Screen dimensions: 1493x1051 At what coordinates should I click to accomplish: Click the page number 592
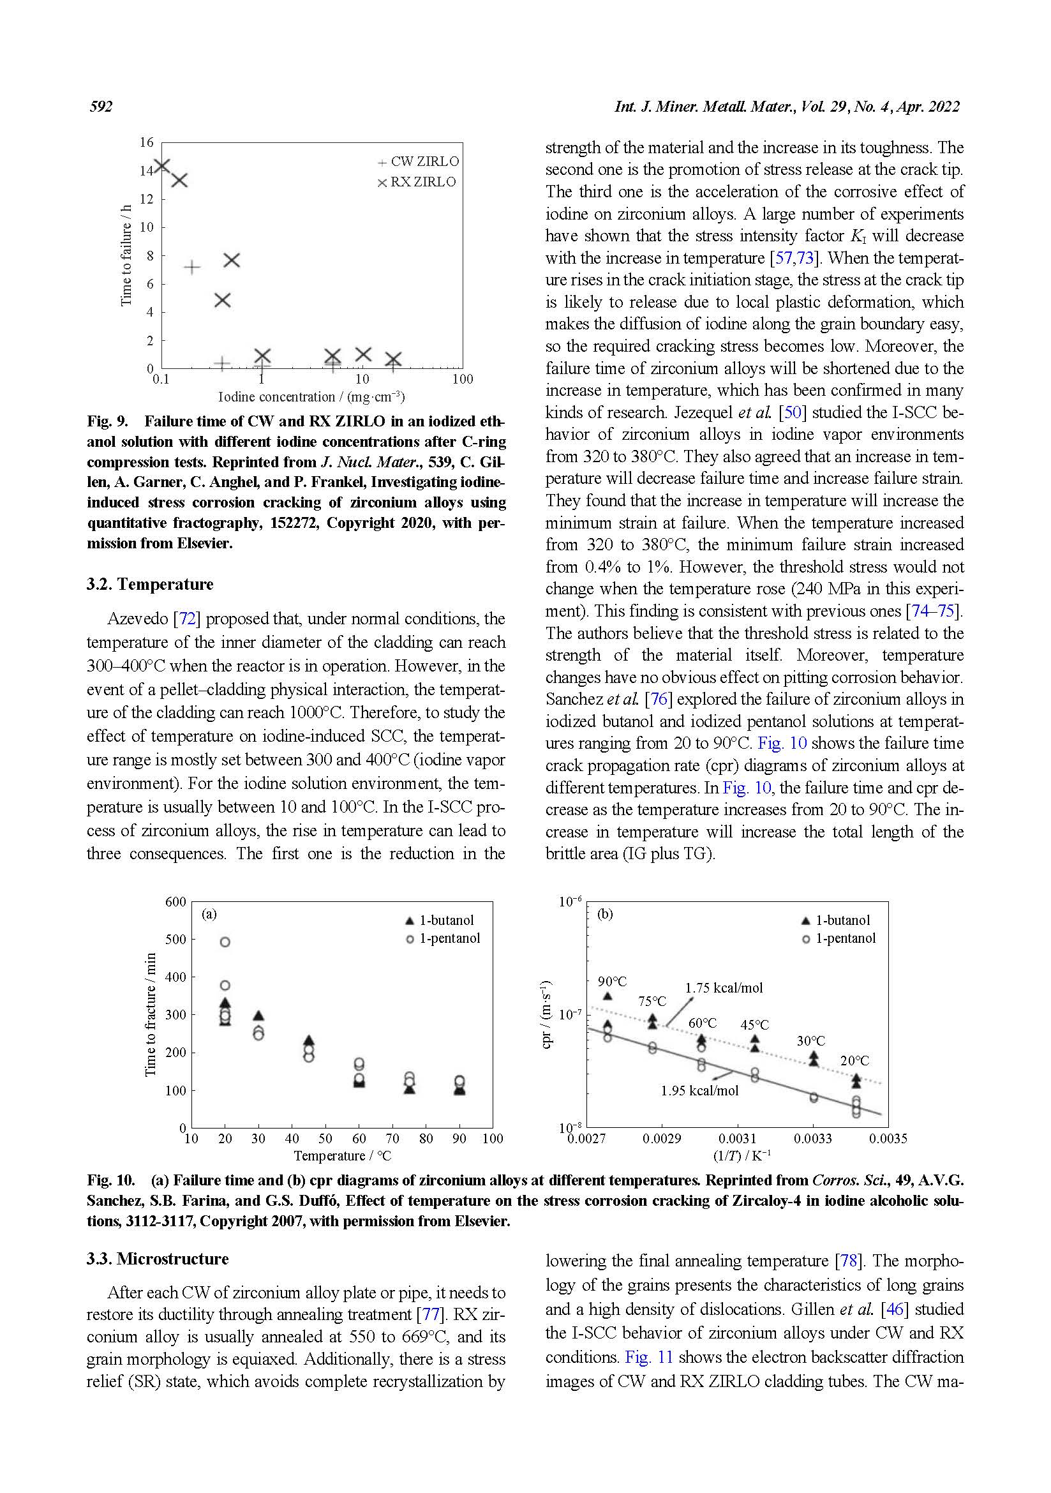click(101, 107)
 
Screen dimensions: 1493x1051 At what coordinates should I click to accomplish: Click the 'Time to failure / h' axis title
click(126, 255)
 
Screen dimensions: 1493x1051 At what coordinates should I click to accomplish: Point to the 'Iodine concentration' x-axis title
click(311, 396)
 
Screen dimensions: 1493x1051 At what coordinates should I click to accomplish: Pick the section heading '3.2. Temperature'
click(149, 584)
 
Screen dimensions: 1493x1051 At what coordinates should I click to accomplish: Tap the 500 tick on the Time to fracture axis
click(175, 939)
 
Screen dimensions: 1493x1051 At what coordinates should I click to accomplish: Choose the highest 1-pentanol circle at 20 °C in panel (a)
click(225, 942)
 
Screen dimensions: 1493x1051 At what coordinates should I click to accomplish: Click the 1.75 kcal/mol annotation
click(724, 987)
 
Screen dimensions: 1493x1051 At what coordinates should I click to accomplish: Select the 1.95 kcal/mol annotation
click(699, 1090)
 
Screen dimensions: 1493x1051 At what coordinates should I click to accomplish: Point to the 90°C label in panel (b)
click(612, 981)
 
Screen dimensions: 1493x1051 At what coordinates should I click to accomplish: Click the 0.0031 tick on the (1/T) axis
click(737, 1138)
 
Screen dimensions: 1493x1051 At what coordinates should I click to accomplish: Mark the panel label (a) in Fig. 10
click(209, 913)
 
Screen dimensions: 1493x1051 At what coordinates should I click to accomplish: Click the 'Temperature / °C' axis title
click(342, 1155)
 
